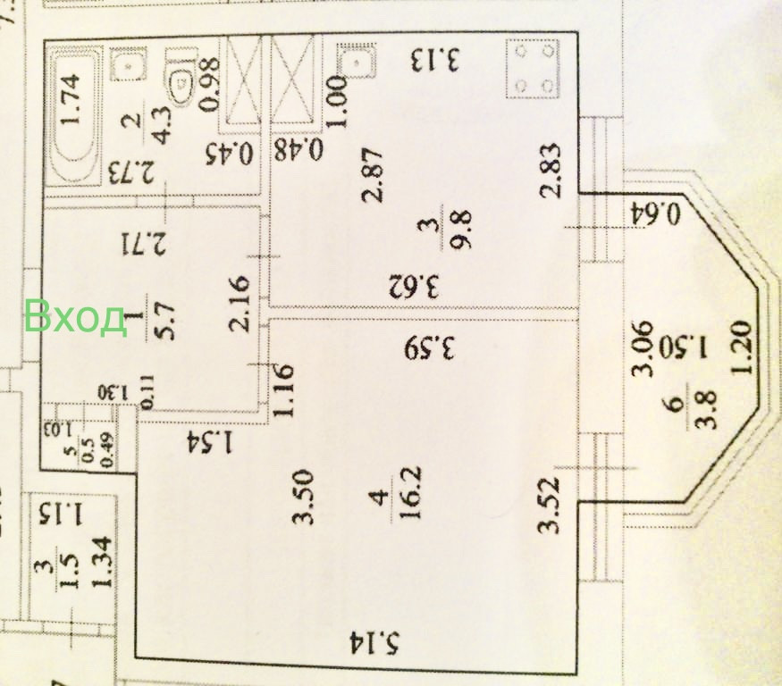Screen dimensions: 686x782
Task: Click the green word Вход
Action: pyautogui.click(x=75, y=316)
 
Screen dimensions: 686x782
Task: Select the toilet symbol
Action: pyautogui.click(x=182, y=79)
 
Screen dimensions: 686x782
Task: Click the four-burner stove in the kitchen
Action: pyautogui.click(x=533, y=69)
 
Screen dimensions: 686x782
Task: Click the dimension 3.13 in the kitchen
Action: pyautogui.click(x=436, y=61)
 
